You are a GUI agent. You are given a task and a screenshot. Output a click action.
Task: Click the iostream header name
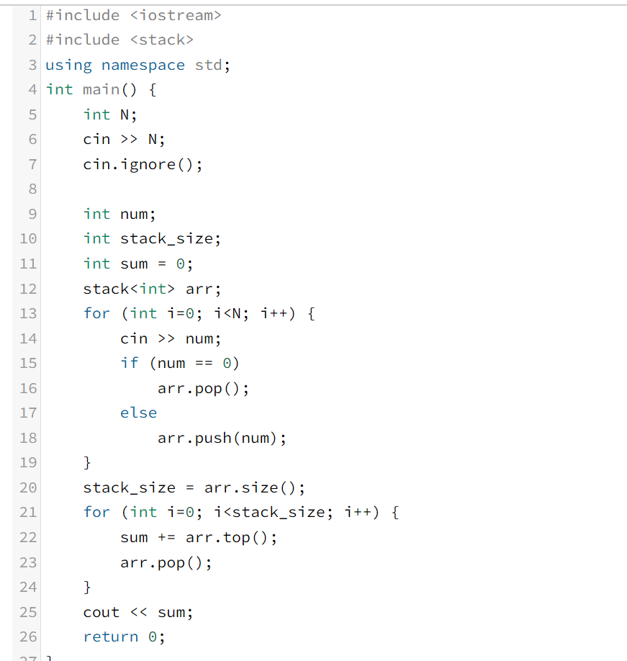click(x=176, y=15)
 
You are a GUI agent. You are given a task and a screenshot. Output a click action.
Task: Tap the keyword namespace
click(x=143, y=65)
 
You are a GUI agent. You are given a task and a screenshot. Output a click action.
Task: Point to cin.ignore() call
click(x=143, y=164)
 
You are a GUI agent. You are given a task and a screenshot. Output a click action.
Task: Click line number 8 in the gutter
click(x=32, y=189)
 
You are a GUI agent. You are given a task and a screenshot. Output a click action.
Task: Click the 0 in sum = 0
click(x=180, y=264)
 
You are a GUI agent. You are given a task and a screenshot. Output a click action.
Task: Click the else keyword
click(x=138, y=413)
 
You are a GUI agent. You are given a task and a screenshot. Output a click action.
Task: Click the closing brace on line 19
click(x=88, y=462)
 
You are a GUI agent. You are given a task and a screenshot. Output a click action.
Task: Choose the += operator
click(x=166, y=537)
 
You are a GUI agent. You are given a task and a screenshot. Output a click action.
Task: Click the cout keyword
click(x=101, y=612)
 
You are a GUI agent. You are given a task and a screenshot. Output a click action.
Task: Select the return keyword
click(x=111, y=637)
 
